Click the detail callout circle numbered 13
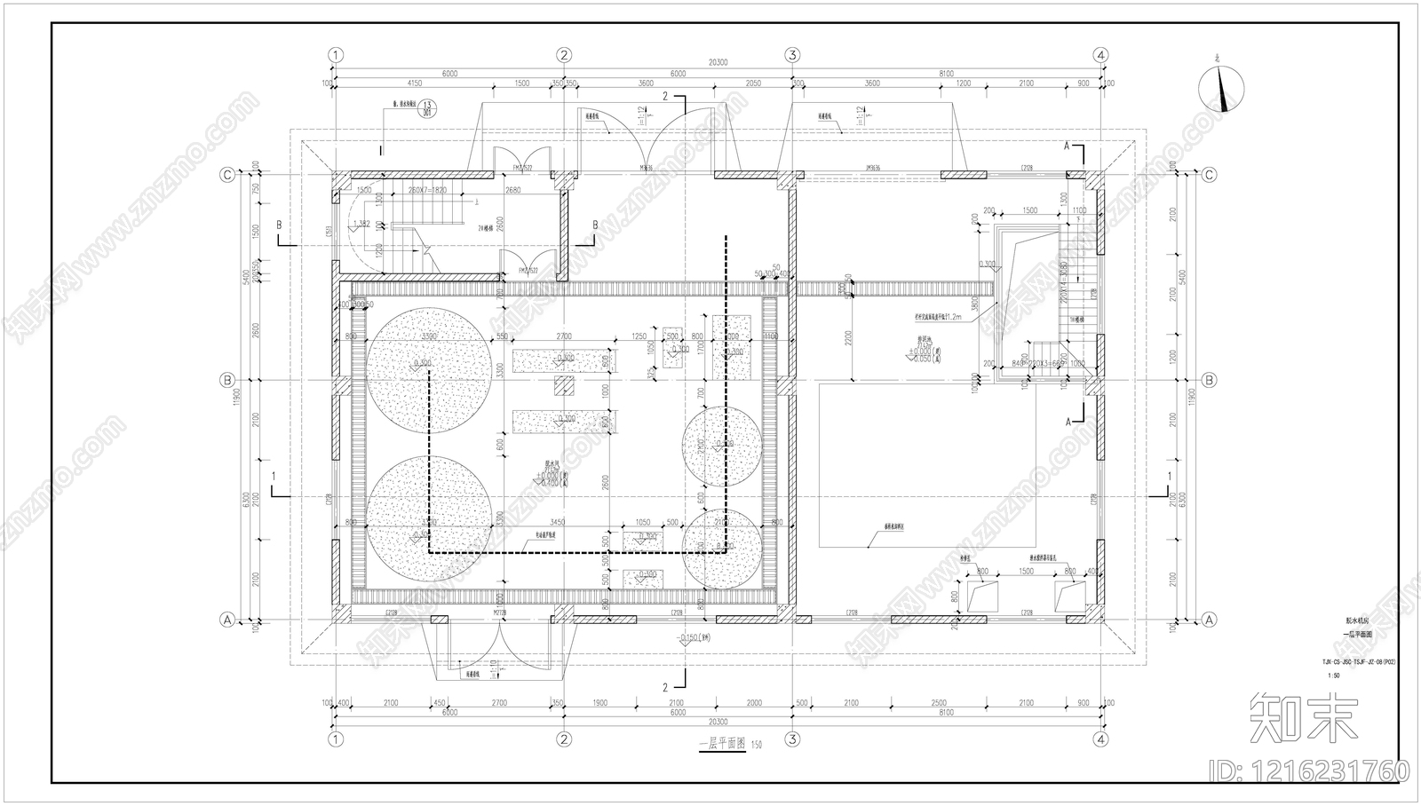(428, 108)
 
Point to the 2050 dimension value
(754, 83)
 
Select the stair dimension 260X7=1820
(426, 190)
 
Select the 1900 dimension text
(599, 703)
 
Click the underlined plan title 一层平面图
(721, 746)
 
